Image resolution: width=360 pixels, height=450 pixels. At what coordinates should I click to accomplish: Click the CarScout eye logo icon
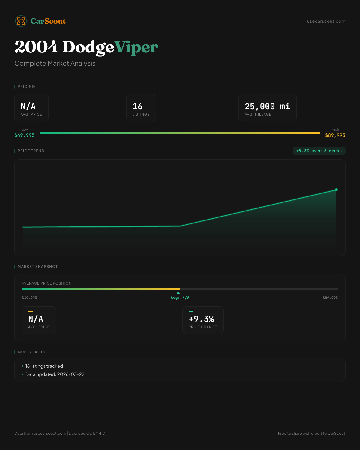pyautogui.click(x=21, y=21)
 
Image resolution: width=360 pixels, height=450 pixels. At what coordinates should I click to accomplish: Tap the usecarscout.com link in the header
pyautogui.click(x=326, y=21)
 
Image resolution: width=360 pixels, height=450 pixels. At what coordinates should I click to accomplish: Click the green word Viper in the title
pyautogui.click(x=136, y=47)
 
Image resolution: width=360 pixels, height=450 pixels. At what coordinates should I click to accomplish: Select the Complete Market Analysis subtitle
pyautogui.click(x=55, y=63)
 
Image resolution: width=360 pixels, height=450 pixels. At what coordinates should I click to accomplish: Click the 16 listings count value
pyautogui.click(x=138, y=106)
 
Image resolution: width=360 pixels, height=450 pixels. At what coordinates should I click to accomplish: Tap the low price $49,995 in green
pyautogui.click(x=25, y=135)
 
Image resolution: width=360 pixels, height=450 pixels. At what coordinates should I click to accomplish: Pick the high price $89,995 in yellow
pyautogui.click(x=335, y=135)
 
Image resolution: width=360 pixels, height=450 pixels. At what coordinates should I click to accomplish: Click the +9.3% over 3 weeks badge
pyautogui.click(x=319, y=151)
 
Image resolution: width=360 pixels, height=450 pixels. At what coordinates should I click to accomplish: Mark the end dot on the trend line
pyautogui.click(x=336, y=190)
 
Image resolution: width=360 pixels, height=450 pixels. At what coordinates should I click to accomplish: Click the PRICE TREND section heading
pyautogui.click(x=31, y=151)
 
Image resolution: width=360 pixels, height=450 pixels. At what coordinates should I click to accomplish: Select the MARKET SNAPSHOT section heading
pyautogui.click(x=37, y=267)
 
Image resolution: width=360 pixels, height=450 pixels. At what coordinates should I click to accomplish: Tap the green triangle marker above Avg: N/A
pyautogui.click(x=178, y=293)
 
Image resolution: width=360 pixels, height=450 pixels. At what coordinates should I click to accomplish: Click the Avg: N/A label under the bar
pyautogui.click(x=180, y=298)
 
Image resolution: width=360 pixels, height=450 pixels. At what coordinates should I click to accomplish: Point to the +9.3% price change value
pyautogui.click(x=201, y=319)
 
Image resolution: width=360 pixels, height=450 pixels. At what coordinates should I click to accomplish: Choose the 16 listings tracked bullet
pyautogui.click(x=44, y=366)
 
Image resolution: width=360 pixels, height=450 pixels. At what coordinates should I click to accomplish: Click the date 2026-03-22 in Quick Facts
pyautogui.click(x=71, y=374)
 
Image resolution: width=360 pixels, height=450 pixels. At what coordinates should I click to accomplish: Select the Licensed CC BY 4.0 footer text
pyautogui.click(x=87, y=433)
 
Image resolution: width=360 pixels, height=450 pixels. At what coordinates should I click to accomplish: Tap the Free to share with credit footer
pyautogui.click(x=311, y=433)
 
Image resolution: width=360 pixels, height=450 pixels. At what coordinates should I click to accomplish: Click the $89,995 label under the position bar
pyautogui.click(x=330, y=298)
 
